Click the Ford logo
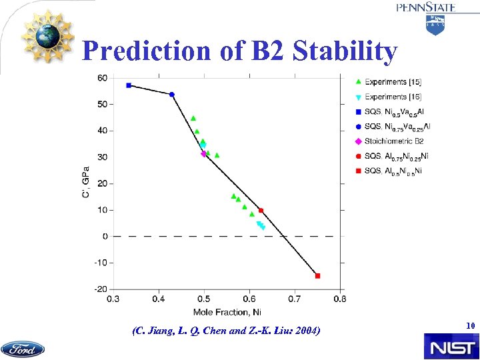[x=23, y=349]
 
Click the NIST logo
[x=450, y=347]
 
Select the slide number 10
[x=469, y=326]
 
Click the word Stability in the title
[x=345, y=51]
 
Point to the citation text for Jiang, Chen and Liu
[x=226, y=330]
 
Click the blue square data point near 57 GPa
[x=129, y=85]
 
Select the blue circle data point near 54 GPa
[x=172, y=95]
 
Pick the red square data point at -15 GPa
[x=317, y=275]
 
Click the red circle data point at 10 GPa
[x=261, y=211]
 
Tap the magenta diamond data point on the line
[x=203, y=154]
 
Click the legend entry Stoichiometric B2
[x=393, y=141]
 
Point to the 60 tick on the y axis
[x=102, y=78]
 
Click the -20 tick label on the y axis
[x=100, y=289]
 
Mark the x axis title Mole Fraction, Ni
[x=226, y=311]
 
